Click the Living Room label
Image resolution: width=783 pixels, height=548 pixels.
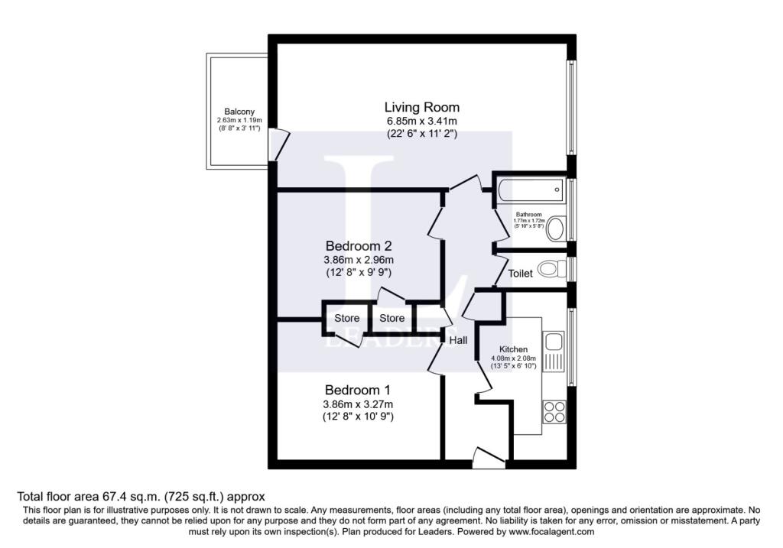pos(422,107)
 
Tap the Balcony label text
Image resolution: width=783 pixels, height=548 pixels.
pos(239,112)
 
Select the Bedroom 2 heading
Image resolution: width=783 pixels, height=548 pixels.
pos(359,245)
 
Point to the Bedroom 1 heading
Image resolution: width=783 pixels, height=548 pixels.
pos(358,390)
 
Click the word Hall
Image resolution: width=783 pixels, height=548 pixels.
pos(459,340)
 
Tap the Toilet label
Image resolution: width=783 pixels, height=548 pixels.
pos(520,274)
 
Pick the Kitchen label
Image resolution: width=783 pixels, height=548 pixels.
pos(513,349)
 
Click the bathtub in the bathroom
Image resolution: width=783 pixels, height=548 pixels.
pos(531,190)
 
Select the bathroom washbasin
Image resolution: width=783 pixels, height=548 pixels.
pos(556,229)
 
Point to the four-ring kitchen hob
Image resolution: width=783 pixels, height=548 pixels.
pos(554,412)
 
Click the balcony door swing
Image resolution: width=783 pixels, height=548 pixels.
pos(278,144)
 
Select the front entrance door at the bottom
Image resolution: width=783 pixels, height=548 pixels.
pos(489,458)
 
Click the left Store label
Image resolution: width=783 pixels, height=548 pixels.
pos(346,318)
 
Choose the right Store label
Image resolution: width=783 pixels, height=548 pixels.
pos(392,318)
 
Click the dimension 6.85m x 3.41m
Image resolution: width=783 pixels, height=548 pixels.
pos(422,121)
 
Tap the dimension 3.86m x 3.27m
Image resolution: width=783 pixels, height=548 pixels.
pos(358,404)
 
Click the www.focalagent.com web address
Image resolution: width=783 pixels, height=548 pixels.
pos(551,532)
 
